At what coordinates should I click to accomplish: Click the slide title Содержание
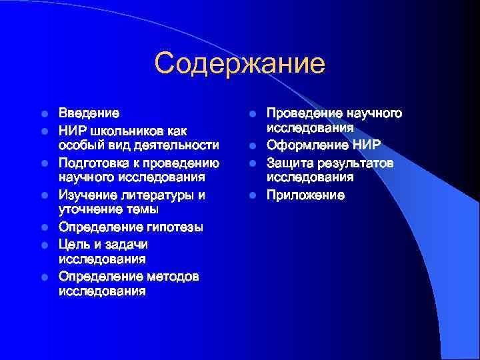tap(239, 64)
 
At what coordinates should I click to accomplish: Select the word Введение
tap(89, 113)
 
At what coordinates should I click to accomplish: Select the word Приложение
tap(305, 195)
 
